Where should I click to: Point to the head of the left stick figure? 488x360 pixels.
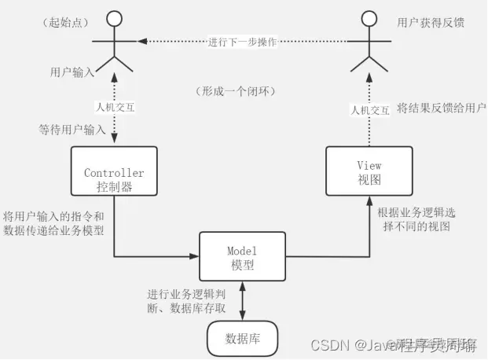tap(116, 18)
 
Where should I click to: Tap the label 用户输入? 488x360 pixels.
tap(72, 72)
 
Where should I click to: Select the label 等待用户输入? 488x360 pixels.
tap(72, 127)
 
